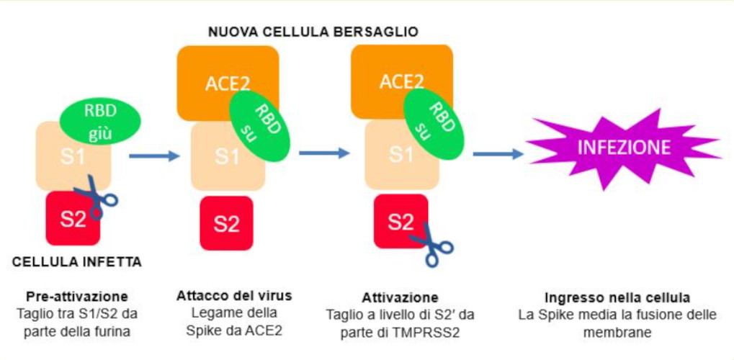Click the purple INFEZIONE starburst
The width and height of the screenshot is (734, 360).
(623, 148)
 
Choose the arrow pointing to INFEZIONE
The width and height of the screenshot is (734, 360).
(498, 153)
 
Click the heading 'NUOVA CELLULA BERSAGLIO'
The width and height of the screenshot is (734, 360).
(313, 32)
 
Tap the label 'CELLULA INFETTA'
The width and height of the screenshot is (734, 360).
(77, 262)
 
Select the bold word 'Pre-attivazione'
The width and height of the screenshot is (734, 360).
(77, 296)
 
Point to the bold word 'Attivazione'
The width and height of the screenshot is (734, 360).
(400, 297)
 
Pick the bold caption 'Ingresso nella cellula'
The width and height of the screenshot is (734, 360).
(618, 297)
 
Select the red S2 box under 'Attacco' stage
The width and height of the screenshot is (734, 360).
(226, 223)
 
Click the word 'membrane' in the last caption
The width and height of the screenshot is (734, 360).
(618, 331)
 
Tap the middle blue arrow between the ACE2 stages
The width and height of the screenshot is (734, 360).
(323, 153)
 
